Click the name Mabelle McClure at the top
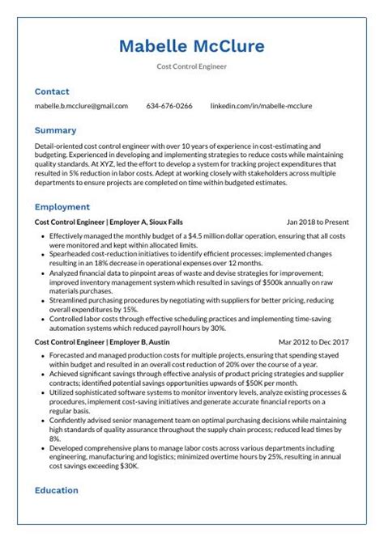191,46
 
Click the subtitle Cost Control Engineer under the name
191,66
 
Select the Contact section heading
52,91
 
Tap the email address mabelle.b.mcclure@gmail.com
81,106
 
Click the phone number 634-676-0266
169,106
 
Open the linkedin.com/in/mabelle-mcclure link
261,106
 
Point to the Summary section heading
55,129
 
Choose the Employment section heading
62,207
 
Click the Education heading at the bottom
56,490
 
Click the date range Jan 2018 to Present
318,222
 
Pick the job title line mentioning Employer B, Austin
102,342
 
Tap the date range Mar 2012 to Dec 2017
314,342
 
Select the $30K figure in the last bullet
128,466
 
